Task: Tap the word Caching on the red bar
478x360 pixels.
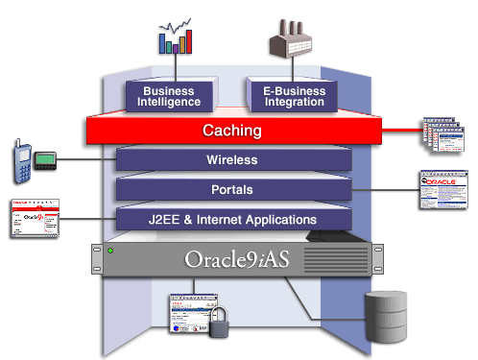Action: coord(232,130)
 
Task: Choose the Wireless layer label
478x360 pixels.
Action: coord(232,159)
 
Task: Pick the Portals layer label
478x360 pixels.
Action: coord(232,189)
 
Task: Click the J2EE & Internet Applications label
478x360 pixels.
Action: coord(232,220)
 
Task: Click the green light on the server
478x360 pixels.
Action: coord(112,252)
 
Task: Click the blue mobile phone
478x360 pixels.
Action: coord(22,159)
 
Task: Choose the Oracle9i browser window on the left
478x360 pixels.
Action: coord(36,220)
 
